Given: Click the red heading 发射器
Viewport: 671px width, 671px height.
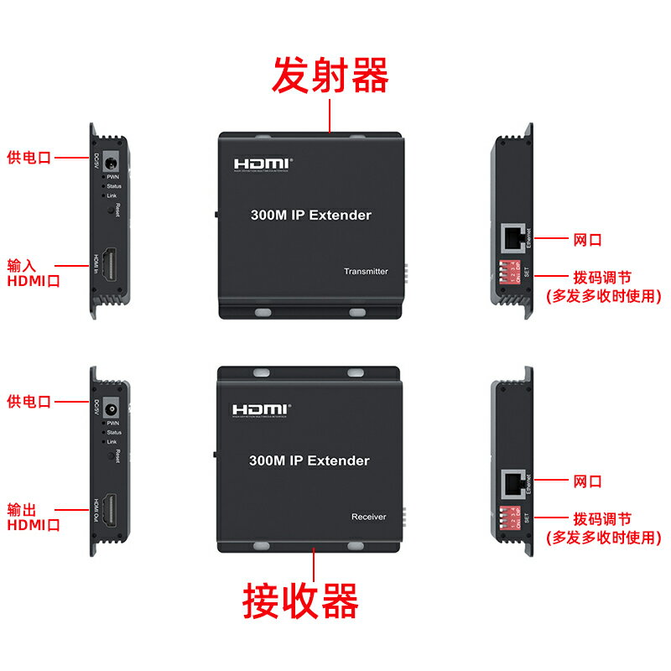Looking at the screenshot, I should tap(330, 76).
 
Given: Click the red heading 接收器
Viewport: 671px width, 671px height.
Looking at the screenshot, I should tap(301, 601).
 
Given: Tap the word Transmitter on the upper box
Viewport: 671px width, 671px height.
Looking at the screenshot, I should tap(366, 272).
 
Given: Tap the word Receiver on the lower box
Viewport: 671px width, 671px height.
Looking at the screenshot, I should tap(368, 517).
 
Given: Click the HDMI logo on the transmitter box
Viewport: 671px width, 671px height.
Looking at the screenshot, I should tap(261, 164).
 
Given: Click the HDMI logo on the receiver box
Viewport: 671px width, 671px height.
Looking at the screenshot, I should tap(261, 409).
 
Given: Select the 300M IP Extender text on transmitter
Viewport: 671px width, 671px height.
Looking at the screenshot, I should tap(310, 216).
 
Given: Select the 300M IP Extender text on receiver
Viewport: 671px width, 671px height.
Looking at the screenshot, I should tap(309, 460).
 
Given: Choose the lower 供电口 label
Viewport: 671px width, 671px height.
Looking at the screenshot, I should tap(29, 402).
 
